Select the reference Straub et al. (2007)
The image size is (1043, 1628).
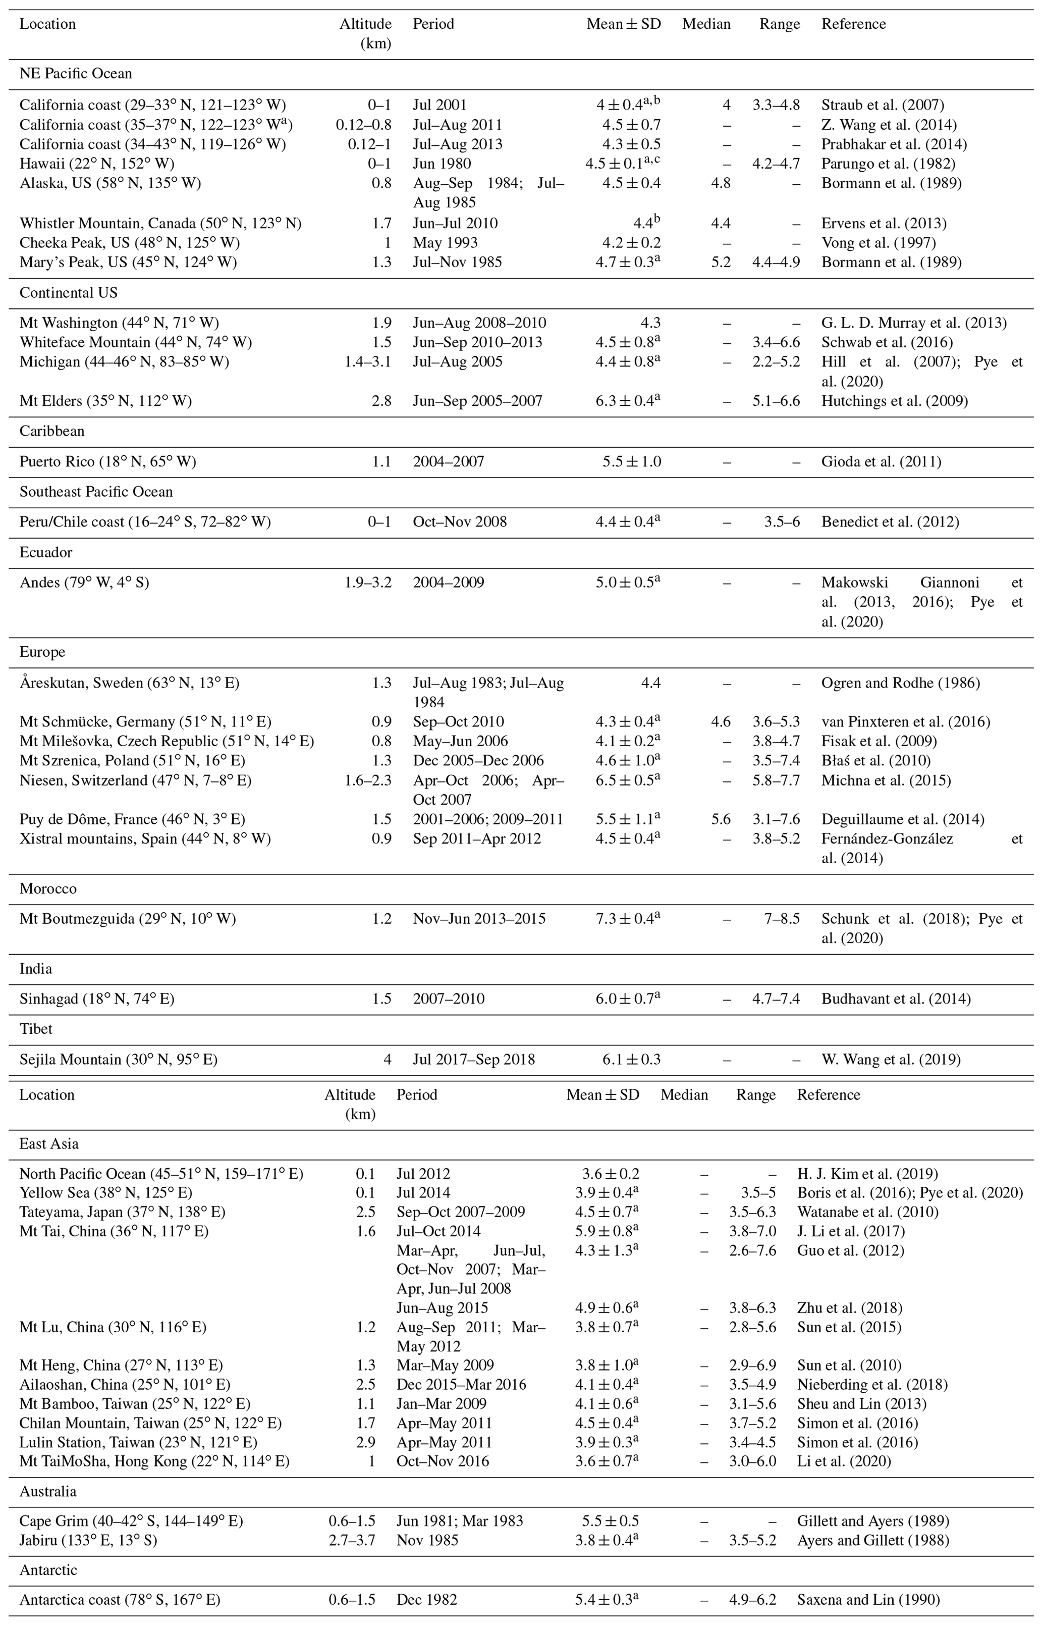click(883, 105)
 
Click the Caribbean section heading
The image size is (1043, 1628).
click(52, 432)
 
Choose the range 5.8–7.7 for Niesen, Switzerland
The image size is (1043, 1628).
click(776, 780)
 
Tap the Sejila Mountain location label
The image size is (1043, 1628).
click(119, 1059)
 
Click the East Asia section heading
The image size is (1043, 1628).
click(49, 1144)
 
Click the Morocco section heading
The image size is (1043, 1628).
click(48, 889)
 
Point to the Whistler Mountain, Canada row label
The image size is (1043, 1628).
click(160, 224)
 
